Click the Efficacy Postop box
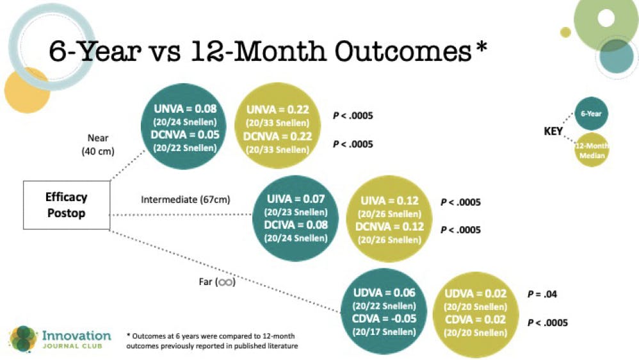click(x=67, y=205)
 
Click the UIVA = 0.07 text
click(x=291, y=200)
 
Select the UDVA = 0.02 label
click(x=474, y=294)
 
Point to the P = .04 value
click(x=542, y=294)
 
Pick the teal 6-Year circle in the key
click(x=591, y=113)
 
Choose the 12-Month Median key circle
click(x=591, y=150)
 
